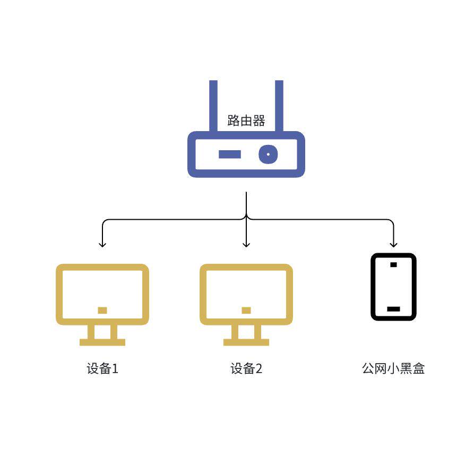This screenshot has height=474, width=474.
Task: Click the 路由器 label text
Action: pyautogui.click(x=246, y=120)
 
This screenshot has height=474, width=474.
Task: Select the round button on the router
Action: pyautogui.click(x=268, y=154)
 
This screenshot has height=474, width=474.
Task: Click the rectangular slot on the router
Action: pyautogui.click(x=230, y=154)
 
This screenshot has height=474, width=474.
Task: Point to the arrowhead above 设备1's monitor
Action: pyautogui.click(x=102, y=244)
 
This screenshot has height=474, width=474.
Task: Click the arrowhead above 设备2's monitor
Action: pyautogui.click(x=246, y=244)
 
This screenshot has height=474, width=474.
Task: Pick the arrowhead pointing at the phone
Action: pyautogui.click(x=393, y=244)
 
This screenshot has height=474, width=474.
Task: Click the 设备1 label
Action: pyautogui.click(x=102, y=368)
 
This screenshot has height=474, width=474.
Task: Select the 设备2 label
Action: pyautogui.click(x=246, y=368)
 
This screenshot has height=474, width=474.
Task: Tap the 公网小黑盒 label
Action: pyautogui.click(x=393, y=368)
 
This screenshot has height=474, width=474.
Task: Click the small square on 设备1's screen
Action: pyautogui.click(x=102, y=310)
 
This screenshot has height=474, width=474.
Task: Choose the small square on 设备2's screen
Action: pyautogui.click(x=246, y=310)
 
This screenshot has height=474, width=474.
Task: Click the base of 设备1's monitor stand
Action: pyautogui.click(x=102, y=342)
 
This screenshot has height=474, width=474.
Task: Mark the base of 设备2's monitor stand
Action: pyautogui.click(x=246, y=342)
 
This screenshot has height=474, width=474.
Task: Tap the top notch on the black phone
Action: pyautogui.click(x=393, y=264)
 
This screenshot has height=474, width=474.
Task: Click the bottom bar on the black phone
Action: pyautogui.click(x=393, y=308)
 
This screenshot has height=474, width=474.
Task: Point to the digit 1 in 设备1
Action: pyautogui.click(x=115, y=369)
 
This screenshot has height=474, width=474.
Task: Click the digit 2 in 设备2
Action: pyautogui.click(x=258, y=369)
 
